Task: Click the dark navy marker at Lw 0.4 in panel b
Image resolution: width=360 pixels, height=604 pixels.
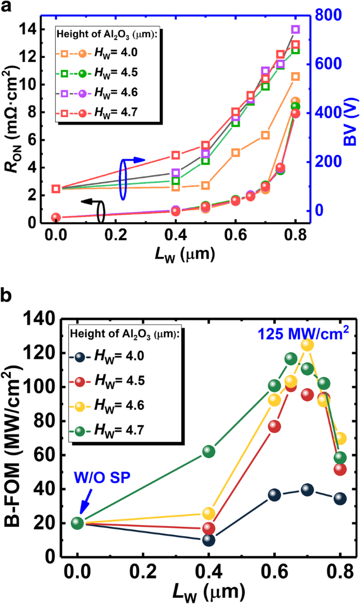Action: (209, 539)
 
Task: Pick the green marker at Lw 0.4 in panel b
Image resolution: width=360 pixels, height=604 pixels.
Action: (209, 452)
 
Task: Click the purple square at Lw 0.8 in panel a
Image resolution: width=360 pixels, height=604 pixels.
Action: (295, 29)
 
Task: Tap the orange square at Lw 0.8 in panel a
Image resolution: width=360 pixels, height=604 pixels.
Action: (295, 77)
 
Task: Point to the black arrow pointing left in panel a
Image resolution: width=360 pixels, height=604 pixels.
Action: (89, 201)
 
